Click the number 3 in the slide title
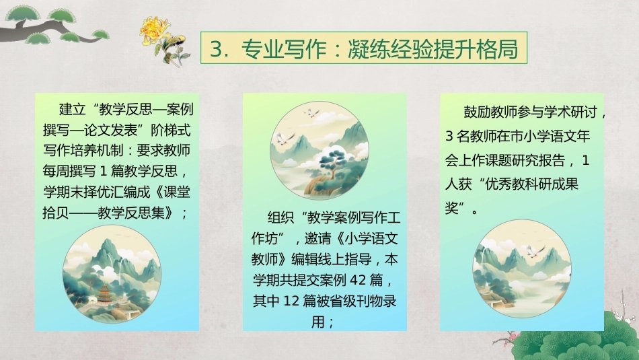216,48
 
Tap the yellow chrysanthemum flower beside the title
155,31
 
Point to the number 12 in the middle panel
291,301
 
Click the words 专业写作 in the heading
283,48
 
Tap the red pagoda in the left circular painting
104,293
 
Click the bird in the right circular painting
535,251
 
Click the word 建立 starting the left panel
72,109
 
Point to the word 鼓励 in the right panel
477,112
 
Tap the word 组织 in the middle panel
280,217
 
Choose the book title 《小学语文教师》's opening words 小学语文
371,238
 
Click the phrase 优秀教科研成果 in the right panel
532,184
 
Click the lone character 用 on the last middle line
318,322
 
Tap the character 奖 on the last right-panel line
452,209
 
